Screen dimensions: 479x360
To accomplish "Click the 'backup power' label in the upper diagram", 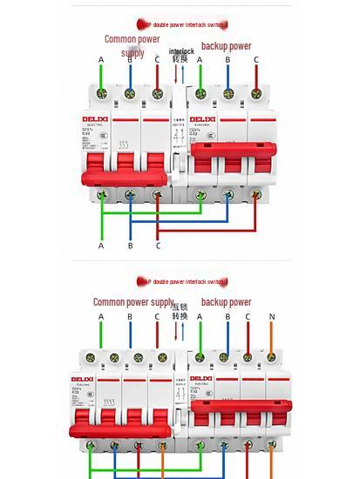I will point(226,46).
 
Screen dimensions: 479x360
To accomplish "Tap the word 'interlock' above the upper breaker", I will point(181,51).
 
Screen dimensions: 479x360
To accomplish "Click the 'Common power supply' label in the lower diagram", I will point(133,302).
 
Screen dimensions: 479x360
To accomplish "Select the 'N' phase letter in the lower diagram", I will point(272,317).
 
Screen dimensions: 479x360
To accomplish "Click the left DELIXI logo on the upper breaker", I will point(103,118).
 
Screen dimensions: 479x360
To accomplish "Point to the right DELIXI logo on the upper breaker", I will point(202,118).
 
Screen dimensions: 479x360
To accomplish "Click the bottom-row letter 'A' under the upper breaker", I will point(101,246).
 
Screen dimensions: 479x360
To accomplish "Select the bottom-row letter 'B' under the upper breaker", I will point(130,246).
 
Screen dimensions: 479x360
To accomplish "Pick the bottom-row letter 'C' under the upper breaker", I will point(158,246).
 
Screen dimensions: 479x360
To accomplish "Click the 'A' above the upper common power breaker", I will point(101,60).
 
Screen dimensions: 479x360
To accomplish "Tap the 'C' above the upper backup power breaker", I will point(256,60).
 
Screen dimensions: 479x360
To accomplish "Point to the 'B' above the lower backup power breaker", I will point(228,317).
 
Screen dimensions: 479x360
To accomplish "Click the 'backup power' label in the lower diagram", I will point(226,302).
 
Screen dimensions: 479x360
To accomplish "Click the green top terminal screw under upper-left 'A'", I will point(101,93).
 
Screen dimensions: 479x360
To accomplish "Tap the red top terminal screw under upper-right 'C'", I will point(256,93).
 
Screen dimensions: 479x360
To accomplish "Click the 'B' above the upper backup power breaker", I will point(228,60).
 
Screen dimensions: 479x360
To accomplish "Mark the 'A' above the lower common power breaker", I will point(101,317).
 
